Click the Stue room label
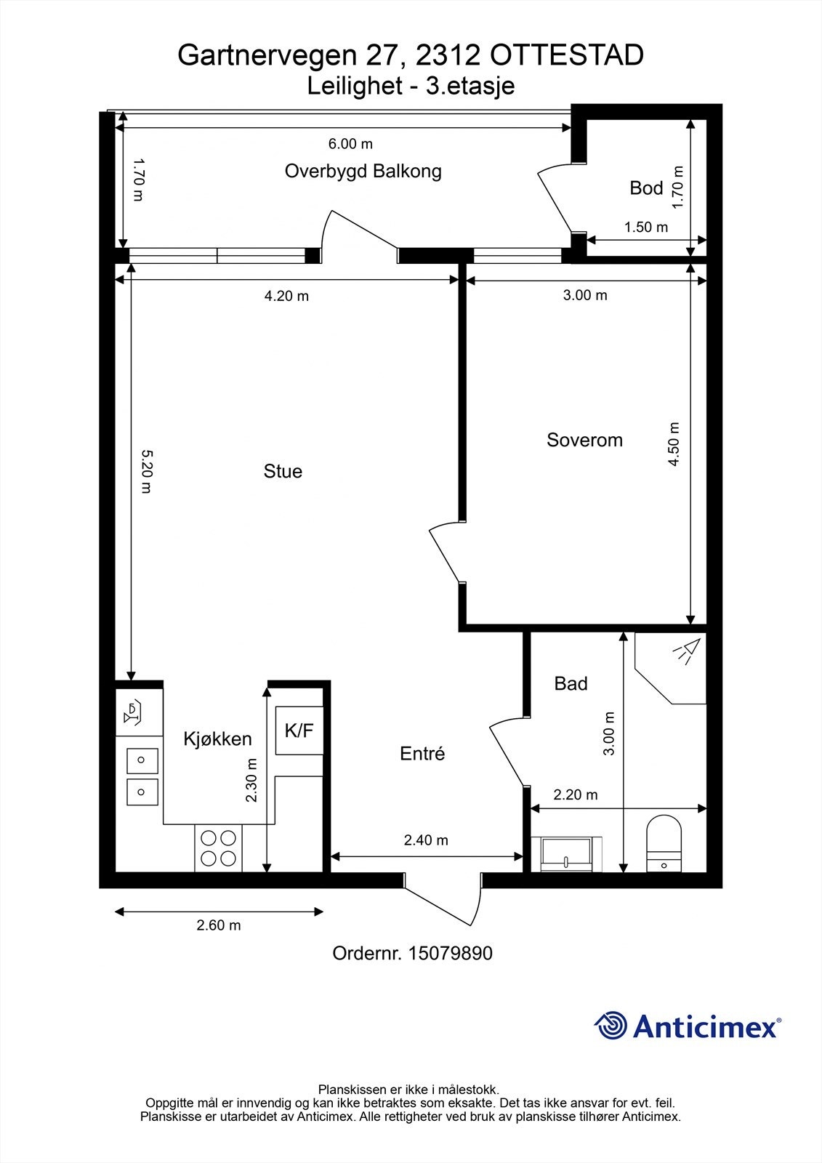pyautogui.click(x=283, y=471)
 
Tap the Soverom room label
pyautogui.click(x=584, y=440)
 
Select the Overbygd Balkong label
pyautogui.click(x=363, y=172)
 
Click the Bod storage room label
pyautogui.click(x=646, y=188)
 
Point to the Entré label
pyautogui.click(x=422, y=753)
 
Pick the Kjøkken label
pyautogui.click(x=217, y=739)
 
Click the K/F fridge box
pyautogui.click(x=299, y=731)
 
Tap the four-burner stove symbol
pyautogui.click(x=218, y=848)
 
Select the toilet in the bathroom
pyautogui.click(x=664, y=843)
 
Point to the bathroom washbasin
pyautogui.click(x=566, y=854)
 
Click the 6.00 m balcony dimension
pyautogui.click(x=350, y=143)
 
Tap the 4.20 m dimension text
pyautogui.click(x=286, y=296)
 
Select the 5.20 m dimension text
pyautogui.click(x=147, y=472)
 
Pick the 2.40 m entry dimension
pyautogui.click(x=426, y=840)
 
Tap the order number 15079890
pyautogui.click(x=450, y=953)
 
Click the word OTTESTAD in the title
pyautogui.click(x=566, y=55)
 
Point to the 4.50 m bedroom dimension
pyautogui.click(x=674, y=444)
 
